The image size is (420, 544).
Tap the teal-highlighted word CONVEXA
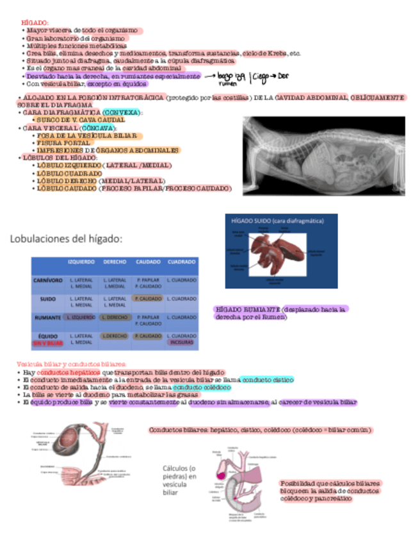click(x=120, y=112)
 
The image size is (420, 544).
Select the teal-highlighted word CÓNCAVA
click(x=101, y=128)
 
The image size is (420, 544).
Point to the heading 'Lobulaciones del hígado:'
click(x=65, y=239)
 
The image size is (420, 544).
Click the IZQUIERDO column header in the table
click(x=81, y=262)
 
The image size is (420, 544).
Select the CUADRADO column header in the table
click(x=181, y=262)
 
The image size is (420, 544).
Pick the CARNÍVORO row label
click(x=48, y=281)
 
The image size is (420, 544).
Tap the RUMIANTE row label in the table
click(x=48, y=318)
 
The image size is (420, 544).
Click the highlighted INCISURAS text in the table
click(x=181, y=343)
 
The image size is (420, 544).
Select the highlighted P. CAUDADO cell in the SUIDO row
click(x=148, y=299)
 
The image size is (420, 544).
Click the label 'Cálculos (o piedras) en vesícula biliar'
click(x=180, y=480)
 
